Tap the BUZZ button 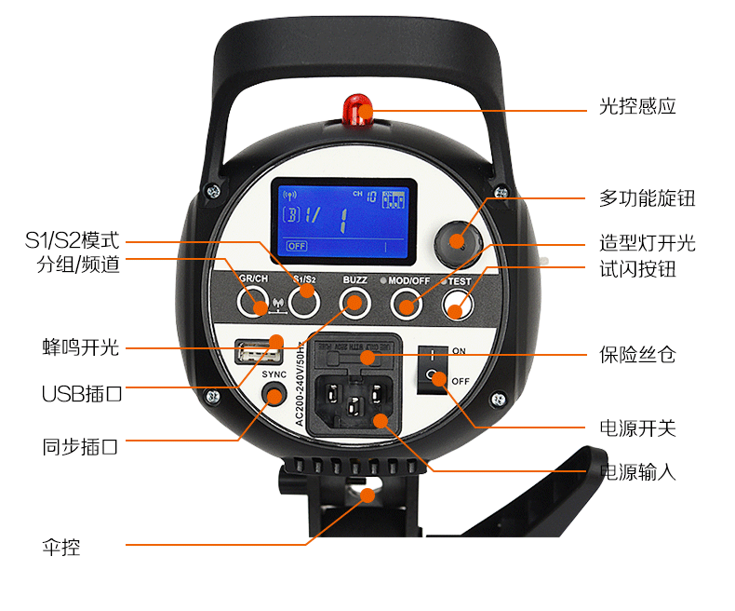pos(354,301)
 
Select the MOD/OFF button pos(406,301)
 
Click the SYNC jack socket pos(273,396)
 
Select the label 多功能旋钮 pos(647,198)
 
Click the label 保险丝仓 pos(637,355)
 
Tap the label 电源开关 pos(637,428)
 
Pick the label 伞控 pos(61,547)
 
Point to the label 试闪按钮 pos(637,270)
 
